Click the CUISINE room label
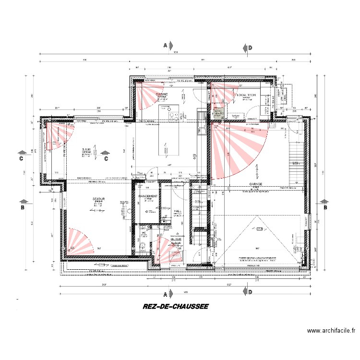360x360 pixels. click(x=162, y=94)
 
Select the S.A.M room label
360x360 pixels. click(x=87, y=149)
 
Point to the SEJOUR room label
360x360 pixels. click(x=99, y=199)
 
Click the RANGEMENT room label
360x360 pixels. click(x=148, y=197)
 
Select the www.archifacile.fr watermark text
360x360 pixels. click(x=332, y=331)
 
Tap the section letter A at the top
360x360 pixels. click(x=166, y=46)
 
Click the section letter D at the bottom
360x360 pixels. click(x=250, y=291)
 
